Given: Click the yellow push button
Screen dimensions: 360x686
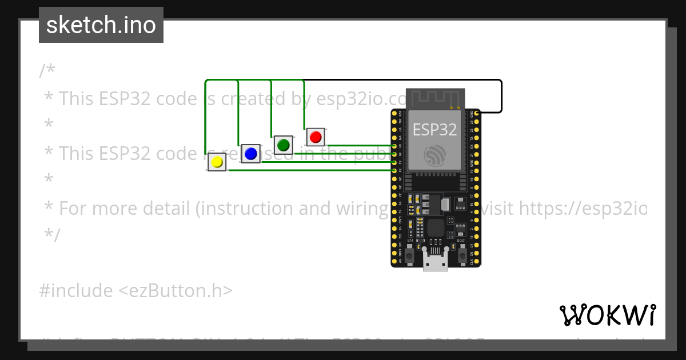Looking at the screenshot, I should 217,162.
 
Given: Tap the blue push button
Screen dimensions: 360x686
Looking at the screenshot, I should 250,154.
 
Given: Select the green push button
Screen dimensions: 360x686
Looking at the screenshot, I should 283,145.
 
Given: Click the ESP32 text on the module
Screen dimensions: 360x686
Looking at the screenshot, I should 434,130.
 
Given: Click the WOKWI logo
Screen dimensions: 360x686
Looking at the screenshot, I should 607,315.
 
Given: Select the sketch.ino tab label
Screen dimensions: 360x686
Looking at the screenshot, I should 101,25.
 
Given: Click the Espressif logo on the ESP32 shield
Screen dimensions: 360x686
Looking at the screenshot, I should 435,155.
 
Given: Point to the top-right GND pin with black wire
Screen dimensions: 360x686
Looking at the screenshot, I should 477,113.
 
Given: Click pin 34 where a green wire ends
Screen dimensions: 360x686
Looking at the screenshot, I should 394,146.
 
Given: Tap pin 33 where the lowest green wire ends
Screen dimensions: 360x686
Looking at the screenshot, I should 394,170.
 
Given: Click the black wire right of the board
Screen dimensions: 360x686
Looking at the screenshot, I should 501,96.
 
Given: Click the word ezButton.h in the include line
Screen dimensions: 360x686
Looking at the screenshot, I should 176,291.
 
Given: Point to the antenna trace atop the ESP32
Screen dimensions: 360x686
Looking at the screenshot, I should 434,98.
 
